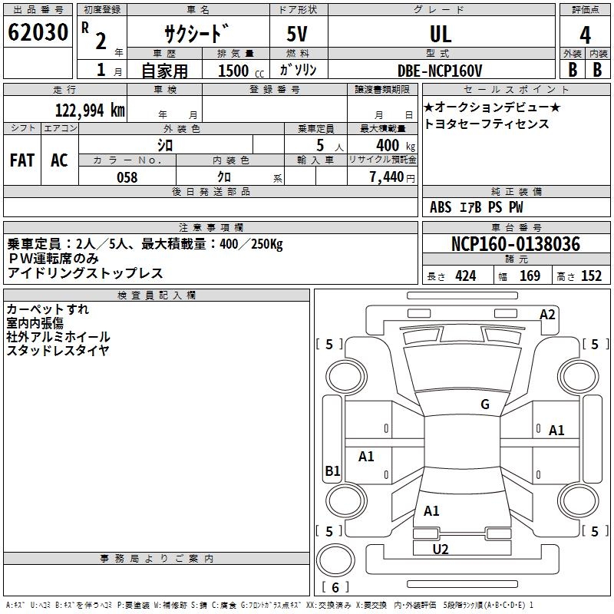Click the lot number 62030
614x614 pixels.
click(38, 34)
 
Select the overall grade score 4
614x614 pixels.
click(586, 35)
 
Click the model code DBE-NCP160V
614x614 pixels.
click(440, 71)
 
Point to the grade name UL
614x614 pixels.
click(440, 35)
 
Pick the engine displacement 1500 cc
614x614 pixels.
click(238, 71)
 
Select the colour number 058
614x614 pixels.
click(127, 177)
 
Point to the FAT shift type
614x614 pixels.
click(21, 160)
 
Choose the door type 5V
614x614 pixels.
click(299, 35)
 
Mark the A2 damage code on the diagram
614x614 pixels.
click(547, 314)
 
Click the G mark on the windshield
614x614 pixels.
click(485, 404)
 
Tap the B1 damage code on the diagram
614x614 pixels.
click(332, 471)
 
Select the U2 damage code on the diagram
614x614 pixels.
click(441, 549)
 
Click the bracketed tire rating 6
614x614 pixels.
click(335, 587)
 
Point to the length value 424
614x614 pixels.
click(465, 276)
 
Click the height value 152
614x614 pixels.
click(591, 276)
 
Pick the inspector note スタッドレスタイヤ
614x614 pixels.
click(58, 351)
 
